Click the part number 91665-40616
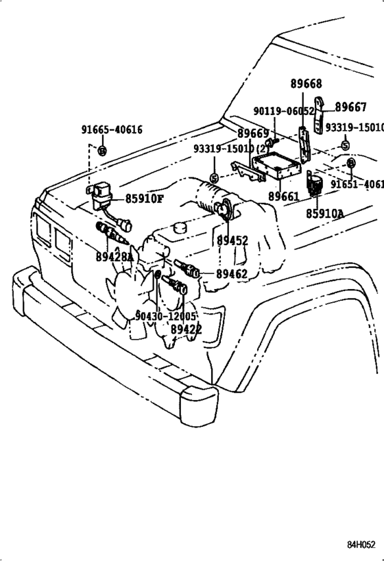point(112,129)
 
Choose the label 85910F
point(144,199)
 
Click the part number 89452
point(233,241)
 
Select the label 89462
point(232,274)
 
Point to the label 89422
point(187,329)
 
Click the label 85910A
point(325,214)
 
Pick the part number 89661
point(283,197)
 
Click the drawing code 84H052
point(361,545)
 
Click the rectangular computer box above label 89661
point(278,167)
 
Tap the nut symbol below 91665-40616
point(101,150)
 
